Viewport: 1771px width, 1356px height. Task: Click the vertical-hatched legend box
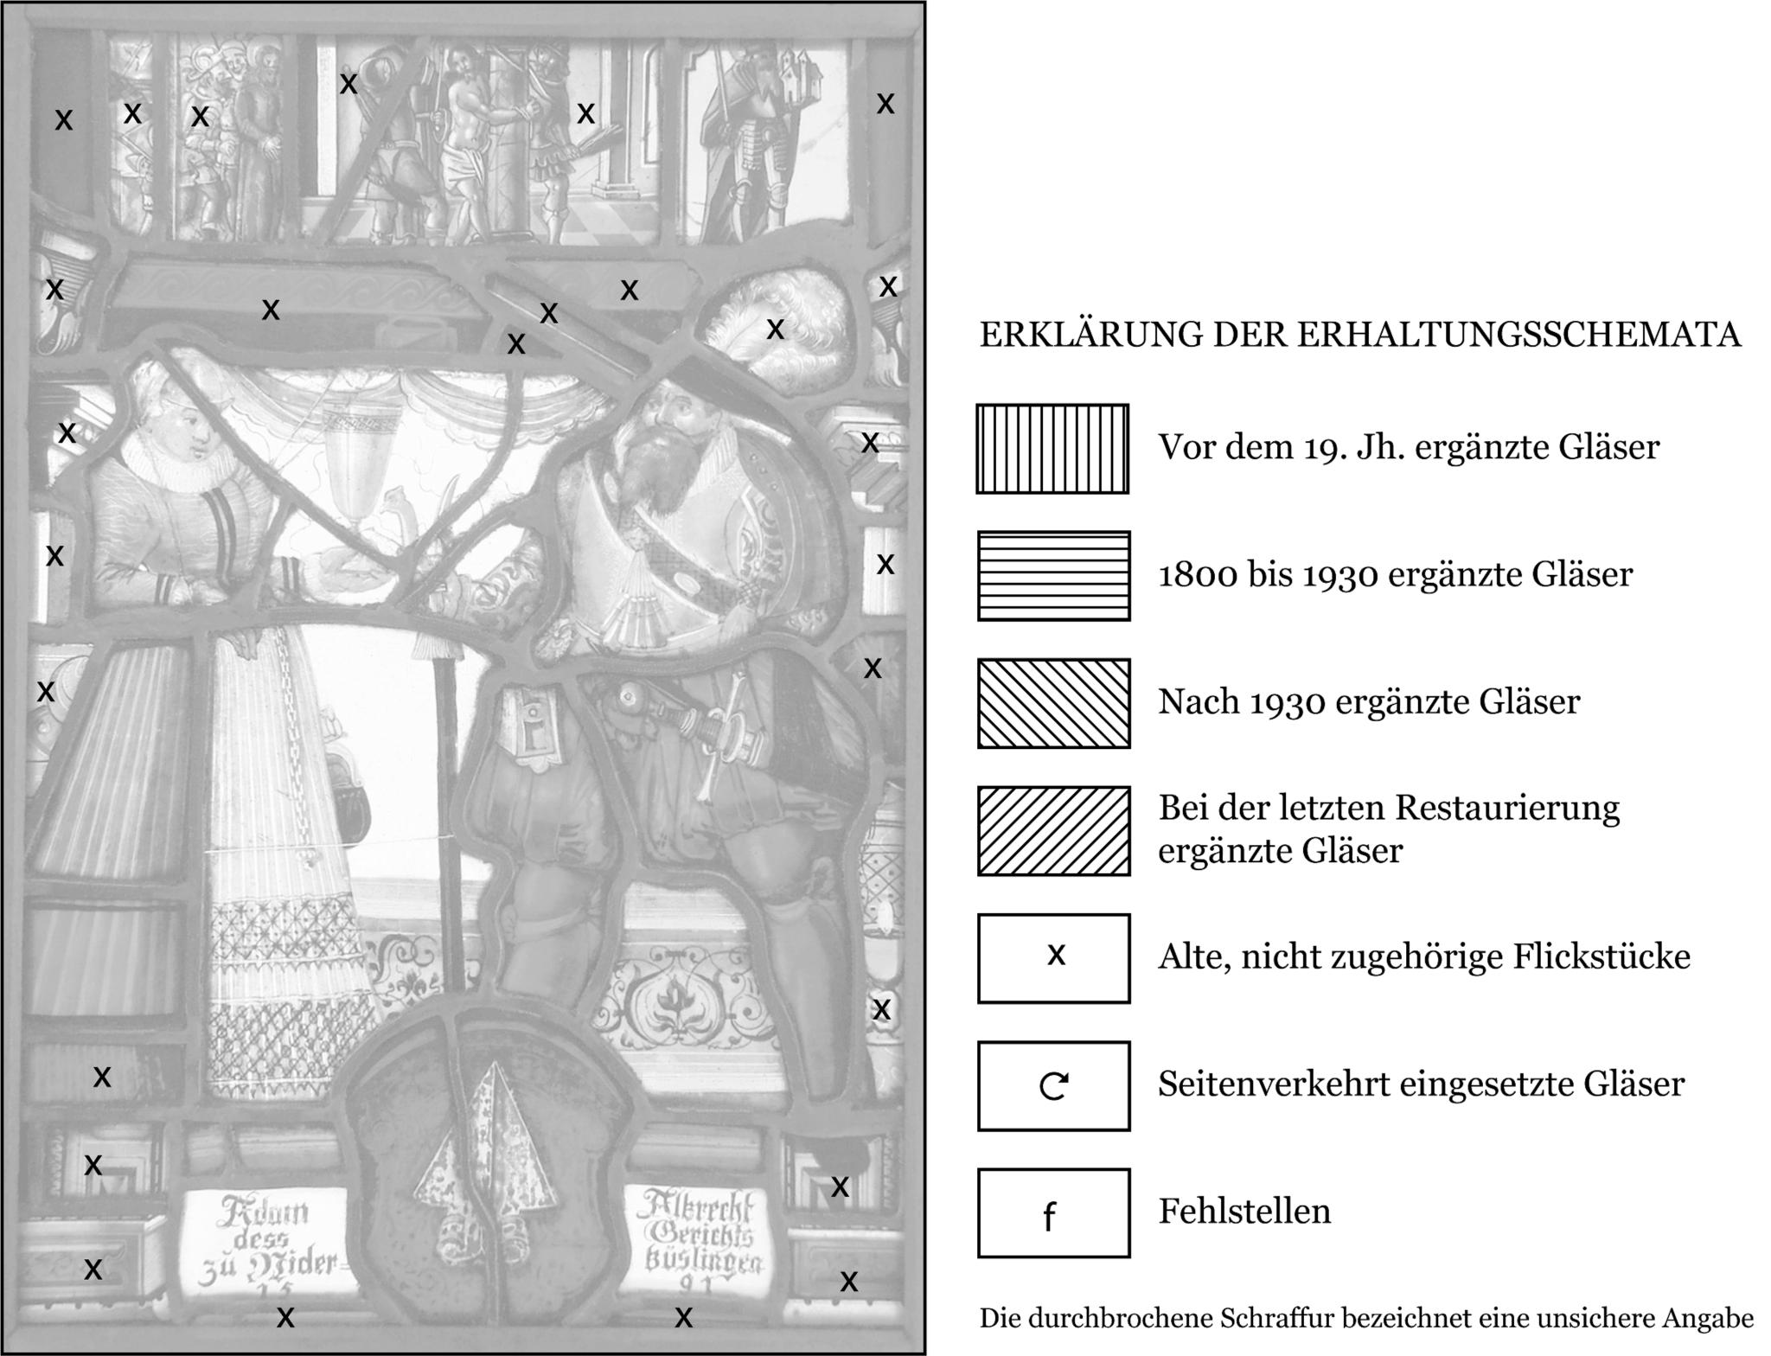[x=1052, y=449]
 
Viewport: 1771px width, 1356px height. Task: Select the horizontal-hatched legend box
[x=1053, y=576]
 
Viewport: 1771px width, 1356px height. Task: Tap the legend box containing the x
[x=1053, y=958]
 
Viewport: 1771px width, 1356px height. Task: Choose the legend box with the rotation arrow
[x=1053, y=1085]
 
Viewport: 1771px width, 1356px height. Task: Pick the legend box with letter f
[x=1053, y=1212]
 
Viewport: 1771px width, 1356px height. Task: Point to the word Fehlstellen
[x=1244, y=1212]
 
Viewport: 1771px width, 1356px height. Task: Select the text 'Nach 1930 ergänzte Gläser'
[x=1369, y=702]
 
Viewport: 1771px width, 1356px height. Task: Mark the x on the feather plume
[x=776, y=329]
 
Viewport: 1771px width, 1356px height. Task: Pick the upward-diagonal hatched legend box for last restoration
[x=1053, y=831]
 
